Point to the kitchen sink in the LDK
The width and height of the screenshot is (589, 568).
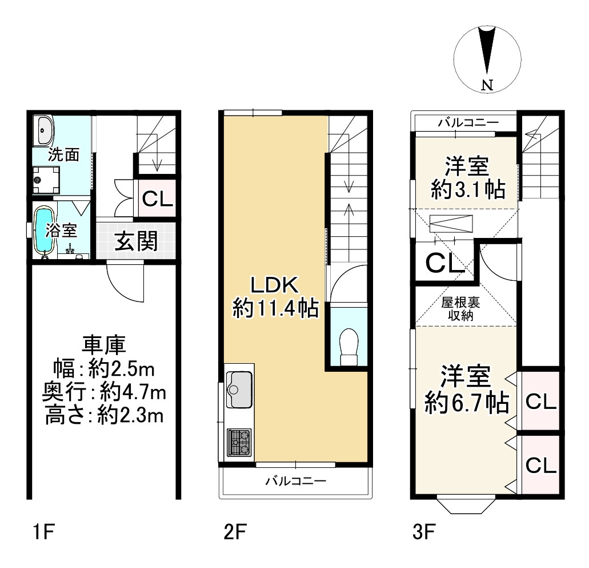click(239, 390)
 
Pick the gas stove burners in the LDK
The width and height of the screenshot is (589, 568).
click(239, 442)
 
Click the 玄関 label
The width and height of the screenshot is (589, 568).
click(135, 241)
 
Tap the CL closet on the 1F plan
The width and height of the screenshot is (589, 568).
click(157, 198)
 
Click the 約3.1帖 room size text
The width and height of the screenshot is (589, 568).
click(468, 189)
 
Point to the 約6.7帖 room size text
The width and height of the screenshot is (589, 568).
click(467, 403)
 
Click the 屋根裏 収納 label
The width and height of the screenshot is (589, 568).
click(460, 309)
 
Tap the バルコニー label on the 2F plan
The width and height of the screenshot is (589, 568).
click(296, 481)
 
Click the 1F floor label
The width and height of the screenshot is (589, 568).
click(44, 533)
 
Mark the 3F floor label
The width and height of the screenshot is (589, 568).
click(424, 533)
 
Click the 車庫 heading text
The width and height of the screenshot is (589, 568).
click(104, 345)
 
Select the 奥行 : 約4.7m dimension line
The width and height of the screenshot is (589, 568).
click(104, 392)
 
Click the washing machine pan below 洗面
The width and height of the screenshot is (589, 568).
click(46, 180)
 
